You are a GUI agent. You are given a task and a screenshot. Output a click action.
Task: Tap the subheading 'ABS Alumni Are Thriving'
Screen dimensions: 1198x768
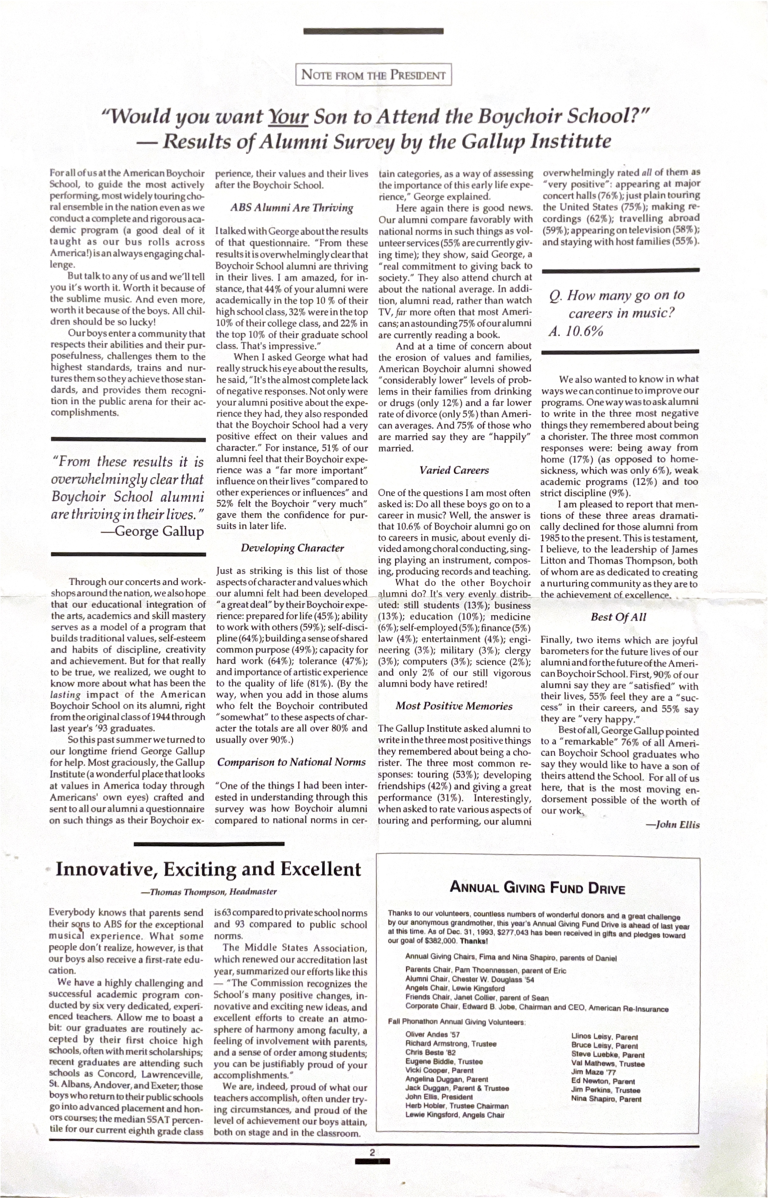pyautogui.click(x=292, y=208)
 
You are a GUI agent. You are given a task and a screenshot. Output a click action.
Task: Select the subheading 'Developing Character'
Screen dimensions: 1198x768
pyautogui.click(x=292, y=548)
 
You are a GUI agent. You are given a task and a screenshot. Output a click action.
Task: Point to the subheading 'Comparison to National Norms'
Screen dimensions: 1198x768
pyautogui.click(x=292, y=762)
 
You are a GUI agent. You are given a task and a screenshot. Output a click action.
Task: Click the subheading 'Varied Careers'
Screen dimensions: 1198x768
pyautogui.click(x=454, y=470)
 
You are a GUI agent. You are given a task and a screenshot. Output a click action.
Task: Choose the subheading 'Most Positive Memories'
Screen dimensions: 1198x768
pyautogui.click(x=454, y=706)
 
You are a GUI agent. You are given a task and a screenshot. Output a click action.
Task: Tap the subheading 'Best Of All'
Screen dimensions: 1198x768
pyautogui.click(x=618, y=617)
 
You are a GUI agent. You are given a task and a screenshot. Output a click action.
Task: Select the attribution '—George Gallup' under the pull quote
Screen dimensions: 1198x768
pyautogui.click(x=152, y=531)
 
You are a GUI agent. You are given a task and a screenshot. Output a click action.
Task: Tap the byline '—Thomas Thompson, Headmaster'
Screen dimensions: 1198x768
pyautogui.click(x=209, y=891)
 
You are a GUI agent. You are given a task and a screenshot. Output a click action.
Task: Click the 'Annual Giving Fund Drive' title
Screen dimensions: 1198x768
pyautogui.click(x=537, y=888)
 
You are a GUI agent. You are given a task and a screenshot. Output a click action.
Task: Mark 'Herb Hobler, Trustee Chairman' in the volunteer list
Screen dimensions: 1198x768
pyautogui.click(x=457, y=1106)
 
